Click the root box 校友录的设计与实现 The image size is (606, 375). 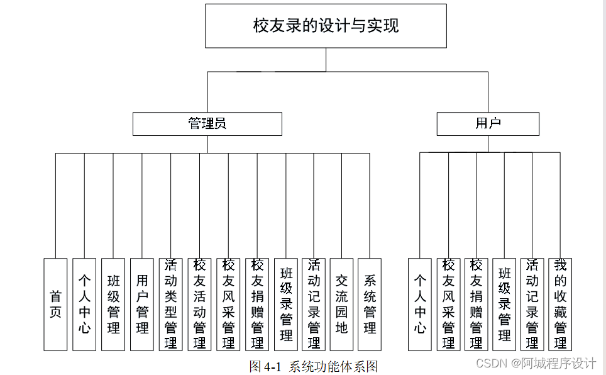326,26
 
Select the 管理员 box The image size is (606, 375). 207,124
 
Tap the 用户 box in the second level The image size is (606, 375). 488,124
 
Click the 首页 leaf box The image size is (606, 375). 55,304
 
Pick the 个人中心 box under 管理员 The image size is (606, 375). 84,304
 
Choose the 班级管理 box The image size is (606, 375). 113,304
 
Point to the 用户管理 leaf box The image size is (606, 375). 142,304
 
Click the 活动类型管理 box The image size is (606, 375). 171,304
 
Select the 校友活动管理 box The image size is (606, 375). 200,304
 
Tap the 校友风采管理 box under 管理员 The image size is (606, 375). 229,304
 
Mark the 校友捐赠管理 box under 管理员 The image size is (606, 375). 257,304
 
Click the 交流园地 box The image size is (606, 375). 341,304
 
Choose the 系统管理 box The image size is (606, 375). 370,304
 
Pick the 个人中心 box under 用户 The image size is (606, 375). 420,304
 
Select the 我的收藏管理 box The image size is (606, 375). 560,304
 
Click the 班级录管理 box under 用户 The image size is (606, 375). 504,304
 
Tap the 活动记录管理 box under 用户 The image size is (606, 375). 532,304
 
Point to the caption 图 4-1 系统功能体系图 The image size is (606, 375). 314,366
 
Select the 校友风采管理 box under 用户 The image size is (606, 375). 448,304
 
